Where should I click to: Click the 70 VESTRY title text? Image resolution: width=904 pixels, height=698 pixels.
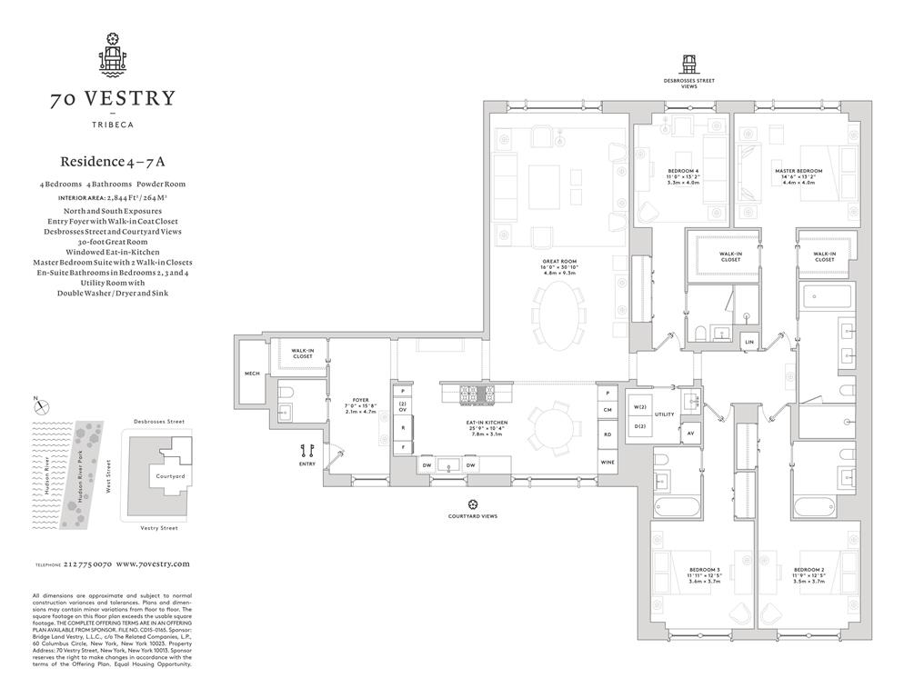(x=113, y=99)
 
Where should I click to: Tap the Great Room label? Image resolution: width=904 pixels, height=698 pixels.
(x=557, y=264)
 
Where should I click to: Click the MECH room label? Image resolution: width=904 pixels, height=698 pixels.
(x=252, y=373)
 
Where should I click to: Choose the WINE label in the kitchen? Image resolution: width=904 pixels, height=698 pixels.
(x=608, y=463)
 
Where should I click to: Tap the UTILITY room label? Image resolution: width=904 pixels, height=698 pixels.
(x=664, y=414)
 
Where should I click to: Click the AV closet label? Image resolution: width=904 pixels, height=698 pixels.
(x=690, y=433)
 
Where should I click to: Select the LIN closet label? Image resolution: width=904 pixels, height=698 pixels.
(x=748, y=341)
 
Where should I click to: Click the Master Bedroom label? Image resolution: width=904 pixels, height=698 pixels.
(x=799, y=171)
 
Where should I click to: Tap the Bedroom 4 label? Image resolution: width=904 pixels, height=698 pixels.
(x=683, y=171)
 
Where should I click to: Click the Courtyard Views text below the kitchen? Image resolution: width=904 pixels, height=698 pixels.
(x=472, y=515)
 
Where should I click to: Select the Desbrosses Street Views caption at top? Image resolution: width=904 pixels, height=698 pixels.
(x=688, y=83)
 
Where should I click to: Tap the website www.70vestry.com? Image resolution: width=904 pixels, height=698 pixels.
(x=153, y=564)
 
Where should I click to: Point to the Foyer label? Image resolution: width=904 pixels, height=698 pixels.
(x=358, y=400)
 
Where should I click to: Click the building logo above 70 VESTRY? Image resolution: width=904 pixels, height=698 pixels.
(x=113, y=55)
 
